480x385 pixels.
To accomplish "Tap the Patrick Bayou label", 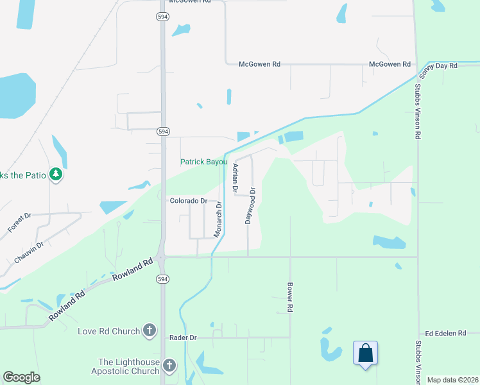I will pyautogui.click(x=203, y=162).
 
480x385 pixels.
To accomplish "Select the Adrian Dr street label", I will pyautogui.click(x=236, y=178).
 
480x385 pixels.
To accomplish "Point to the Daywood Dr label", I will pyautogui.click(x=252, y=205).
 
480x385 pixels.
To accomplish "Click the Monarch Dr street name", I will pyautogui.click(x=218, y=220).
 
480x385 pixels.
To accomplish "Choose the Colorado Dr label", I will pyautogui.click(x=189, y=201).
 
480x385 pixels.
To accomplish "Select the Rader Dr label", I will pyautogui.click(x=184, y=338).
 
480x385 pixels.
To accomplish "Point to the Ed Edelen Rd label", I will pyautogui.click(x=445, y=333).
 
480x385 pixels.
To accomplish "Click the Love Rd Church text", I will pyautogui.click(x=108, y=331).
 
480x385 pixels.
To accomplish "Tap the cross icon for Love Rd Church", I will pyautogui.click(x=150, y=331).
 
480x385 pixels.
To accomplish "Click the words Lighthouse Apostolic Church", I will pyautogui.click(x=128, y=366).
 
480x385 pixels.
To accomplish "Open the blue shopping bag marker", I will pyautogui.click(x=365, y=353).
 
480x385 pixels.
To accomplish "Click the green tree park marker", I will pyautogui.click(x=56, y=174).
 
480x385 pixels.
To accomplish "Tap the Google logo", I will pyautogui.click(x=21, y=377).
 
